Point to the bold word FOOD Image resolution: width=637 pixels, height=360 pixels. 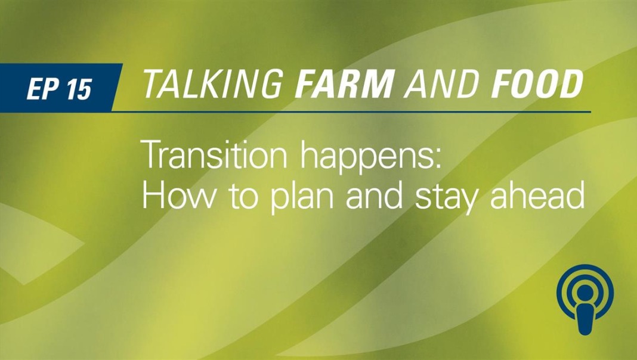click(x=537, y=84)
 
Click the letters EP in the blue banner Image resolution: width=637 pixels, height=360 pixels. click(x=43, y=88)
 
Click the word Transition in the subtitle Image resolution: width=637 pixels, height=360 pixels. click(x=214, y=154)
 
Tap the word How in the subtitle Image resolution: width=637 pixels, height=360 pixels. click(x=177, y=195)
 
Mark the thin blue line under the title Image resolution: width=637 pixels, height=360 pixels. click(x=351, y=111)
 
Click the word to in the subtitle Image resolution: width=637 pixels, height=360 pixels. click(x=241, y=197)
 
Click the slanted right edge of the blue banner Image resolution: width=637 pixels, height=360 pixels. click(x=117, y=87)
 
